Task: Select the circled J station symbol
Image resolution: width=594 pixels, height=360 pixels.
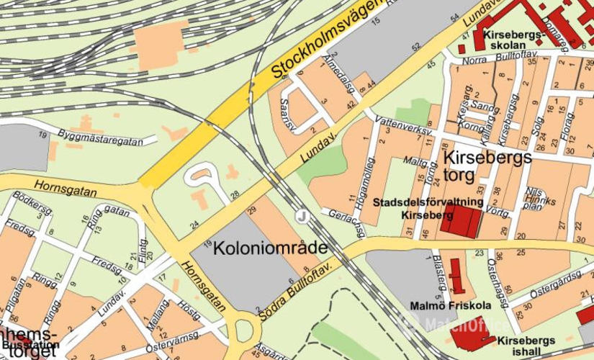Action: point(302,215)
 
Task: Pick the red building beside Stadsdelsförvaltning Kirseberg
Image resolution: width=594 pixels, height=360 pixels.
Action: point(461,221)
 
